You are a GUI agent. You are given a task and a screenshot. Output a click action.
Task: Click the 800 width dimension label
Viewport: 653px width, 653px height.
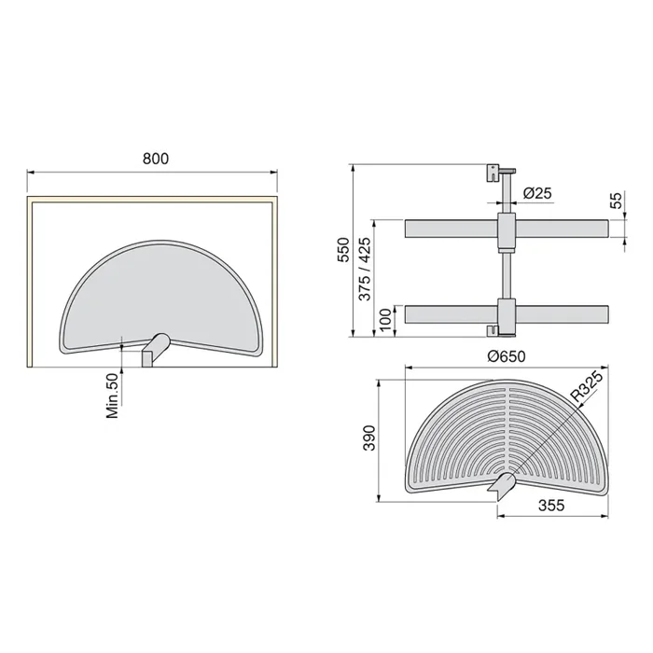(x=155, y=159)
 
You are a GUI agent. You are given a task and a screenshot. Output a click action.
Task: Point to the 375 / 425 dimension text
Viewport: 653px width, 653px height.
(x=365, y=266)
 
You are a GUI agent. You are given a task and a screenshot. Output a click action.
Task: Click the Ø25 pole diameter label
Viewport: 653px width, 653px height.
(x=537, y=193)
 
